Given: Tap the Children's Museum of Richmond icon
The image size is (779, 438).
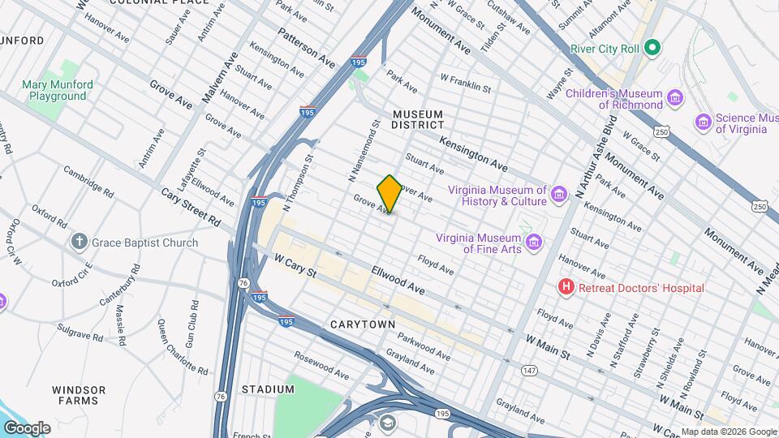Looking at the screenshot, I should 675,99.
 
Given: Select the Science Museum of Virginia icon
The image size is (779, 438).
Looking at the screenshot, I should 704,122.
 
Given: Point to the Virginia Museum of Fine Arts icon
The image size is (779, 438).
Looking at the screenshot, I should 532,243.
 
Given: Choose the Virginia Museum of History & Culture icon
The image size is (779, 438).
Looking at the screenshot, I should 558,195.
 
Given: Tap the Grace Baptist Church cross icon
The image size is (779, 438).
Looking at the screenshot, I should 79,242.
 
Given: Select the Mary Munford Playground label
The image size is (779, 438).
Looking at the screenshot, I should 58,90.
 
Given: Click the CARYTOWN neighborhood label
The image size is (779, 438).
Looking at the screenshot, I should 363,324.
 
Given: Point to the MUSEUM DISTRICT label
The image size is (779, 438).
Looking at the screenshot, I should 418,119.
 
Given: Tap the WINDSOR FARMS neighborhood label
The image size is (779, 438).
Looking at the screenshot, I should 79,395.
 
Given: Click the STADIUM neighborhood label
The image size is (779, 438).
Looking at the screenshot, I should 268,389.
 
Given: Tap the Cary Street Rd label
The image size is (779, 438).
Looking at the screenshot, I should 191,208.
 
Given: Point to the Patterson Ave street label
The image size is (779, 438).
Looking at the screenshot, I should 306,48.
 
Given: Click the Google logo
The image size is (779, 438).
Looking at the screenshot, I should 27,427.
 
